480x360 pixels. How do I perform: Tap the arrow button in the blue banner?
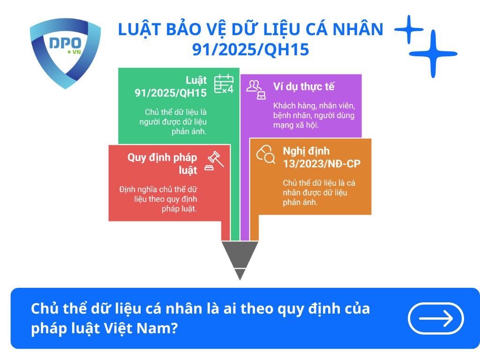point(436,319)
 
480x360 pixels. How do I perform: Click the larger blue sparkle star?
point(433,53)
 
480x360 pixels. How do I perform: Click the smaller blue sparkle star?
point(409,30)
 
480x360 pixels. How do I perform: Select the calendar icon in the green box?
point(224,84)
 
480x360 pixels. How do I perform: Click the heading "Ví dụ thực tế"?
point(304,87)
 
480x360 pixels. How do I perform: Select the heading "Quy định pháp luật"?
point(162,163)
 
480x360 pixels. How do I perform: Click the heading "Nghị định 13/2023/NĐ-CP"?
point(321,157)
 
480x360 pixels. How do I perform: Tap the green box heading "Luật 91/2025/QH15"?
point(171,86)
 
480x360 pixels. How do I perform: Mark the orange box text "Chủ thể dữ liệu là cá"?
point(319,183)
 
